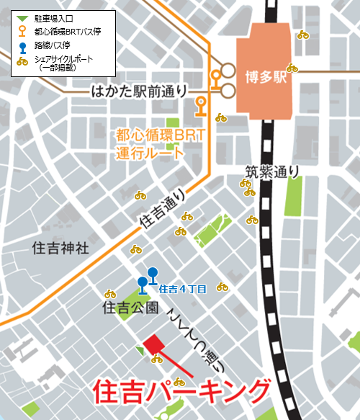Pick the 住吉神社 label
60,248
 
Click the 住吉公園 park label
130,309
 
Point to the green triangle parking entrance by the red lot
140,349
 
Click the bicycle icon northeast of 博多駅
303,35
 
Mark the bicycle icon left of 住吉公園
110,294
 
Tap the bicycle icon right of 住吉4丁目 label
222,287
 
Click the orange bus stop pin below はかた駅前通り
202,104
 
